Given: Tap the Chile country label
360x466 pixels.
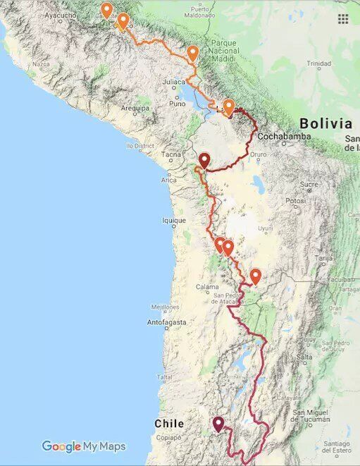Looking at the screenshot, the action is tap(169, 424).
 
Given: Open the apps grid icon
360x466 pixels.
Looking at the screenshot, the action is tap(343, 19).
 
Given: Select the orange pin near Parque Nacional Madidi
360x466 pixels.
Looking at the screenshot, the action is tap(192, 53).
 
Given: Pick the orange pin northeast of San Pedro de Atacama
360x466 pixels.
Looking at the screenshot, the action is tap(256, 276).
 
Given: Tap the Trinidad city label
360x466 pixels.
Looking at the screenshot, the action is tap(318, 63).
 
